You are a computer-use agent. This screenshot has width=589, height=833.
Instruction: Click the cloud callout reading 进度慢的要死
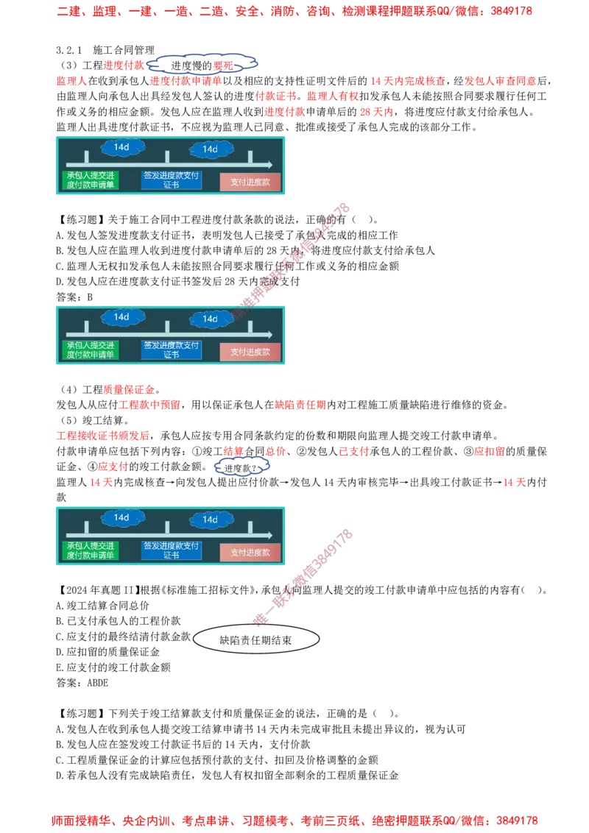202,65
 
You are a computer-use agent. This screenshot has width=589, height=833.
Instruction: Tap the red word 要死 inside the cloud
223,66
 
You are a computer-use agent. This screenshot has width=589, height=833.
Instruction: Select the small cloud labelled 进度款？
241,467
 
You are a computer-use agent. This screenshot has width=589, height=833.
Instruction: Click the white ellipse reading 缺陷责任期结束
255,640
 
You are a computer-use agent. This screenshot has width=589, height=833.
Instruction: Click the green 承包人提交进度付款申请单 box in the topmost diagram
91,180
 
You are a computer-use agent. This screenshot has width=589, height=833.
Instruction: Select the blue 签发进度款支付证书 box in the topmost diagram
171,180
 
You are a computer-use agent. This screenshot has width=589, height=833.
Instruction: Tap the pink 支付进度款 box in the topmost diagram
250,182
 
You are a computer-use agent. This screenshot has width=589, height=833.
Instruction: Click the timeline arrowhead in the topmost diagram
269,165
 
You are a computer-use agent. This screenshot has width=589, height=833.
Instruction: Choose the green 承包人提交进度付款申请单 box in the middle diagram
91,350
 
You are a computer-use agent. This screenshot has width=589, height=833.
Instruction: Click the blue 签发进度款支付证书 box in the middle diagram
171,350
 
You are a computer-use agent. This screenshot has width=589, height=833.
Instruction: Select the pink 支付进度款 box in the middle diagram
250,352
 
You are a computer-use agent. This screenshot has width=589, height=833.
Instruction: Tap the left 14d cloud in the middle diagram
121,317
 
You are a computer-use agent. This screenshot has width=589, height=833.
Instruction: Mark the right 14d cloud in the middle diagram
210,319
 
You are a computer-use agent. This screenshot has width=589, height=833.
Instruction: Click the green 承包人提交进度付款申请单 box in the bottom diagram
91,550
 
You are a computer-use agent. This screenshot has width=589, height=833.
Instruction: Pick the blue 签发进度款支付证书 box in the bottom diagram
171,550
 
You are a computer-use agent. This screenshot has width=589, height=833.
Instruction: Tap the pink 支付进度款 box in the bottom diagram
250,552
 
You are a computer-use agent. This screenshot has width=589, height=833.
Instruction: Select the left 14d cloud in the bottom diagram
121,518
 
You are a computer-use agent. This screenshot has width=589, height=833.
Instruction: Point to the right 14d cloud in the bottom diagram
210,520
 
